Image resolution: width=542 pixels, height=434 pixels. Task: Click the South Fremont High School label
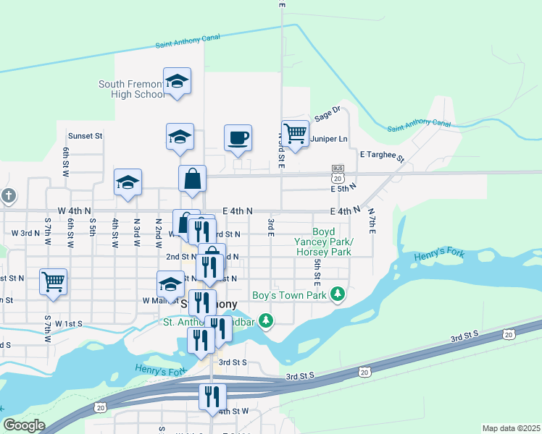tap(133, 89)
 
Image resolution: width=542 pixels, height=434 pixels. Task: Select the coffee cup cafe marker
tap(238, 137)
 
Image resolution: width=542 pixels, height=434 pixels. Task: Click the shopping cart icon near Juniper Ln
tap(295, 132)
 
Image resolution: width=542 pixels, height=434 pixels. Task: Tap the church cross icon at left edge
tap(8, 195)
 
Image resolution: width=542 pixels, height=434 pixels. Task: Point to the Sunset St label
tap(86, 135)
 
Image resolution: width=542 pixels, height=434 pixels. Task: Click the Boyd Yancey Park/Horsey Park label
tap(323, 247)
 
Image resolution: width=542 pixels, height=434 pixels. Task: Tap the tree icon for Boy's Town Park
tap(337, 294)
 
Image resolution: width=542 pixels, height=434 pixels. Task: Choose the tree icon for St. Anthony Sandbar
tap(267, 319)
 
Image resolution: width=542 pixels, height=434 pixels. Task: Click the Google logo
tap(24, 425)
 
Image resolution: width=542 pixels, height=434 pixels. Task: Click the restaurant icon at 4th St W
tap(213, 396)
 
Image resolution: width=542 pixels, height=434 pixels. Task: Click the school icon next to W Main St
tap(170, 283)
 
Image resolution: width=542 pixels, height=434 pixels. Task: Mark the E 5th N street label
tap(343, 188)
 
